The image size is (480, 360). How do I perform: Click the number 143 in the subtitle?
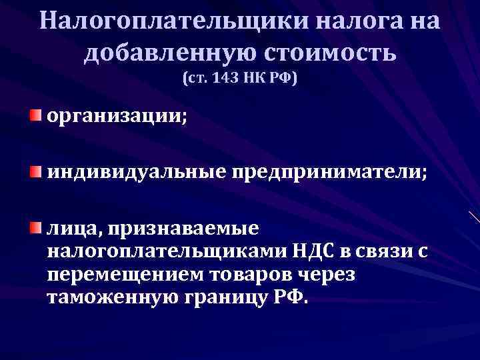tap(231, 79)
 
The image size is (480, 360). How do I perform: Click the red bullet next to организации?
tap(35, 117)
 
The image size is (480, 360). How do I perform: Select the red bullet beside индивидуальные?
tap(35, 173)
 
